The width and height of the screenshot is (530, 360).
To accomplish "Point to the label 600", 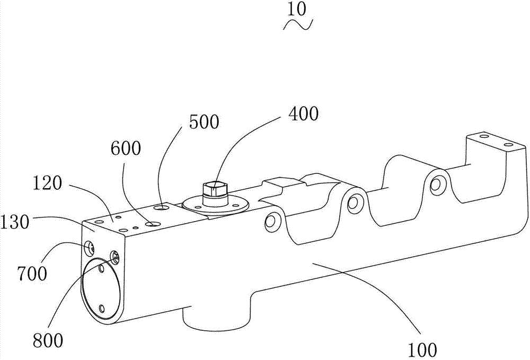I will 126,148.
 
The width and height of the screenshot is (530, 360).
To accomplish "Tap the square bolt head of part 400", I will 215,188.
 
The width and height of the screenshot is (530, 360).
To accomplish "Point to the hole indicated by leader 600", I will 154,224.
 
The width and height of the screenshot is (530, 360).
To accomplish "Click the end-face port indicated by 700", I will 91,246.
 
